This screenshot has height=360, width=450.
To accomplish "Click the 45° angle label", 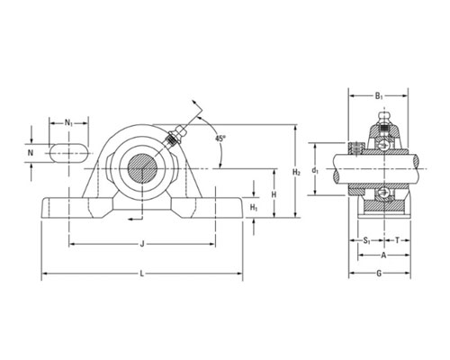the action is [220, 139].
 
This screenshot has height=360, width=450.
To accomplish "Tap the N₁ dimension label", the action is [68, 122].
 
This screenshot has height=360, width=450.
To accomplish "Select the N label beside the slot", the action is [31, 153].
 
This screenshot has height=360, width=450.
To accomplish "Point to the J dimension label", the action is [142, 244].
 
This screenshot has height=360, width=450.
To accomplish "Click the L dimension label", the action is [142, 274].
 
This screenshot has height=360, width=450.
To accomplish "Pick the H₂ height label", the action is [296, 172].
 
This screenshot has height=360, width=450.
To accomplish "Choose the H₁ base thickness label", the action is [254, 207].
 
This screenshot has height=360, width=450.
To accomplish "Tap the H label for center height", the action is [274, 194].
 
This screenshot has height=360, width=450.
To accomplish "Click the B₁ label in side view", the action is [378, 96].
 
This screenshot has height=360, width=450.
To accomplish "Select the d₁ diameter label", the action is [315, 171].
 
